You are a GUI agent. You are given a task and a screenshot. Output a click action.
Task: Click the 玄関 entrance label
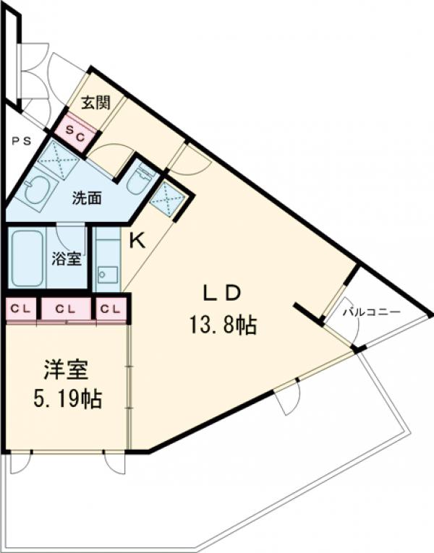(x=95, y=103)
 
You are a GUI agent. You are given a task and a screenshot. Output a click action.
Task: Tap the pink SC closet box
(x=75, y=132)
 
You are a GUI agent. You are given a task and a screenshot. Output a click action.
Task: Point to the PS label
(x=21, y=141)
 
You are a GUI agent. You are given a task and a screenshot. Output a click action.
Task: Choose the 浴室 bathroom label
(x=68, y=258)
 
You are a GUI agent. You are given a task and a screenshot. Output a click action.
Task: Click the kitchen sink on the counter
(x=108, y=274)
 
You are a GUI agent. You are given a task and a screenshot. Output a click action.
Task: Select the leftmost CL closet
(x=20, y=309)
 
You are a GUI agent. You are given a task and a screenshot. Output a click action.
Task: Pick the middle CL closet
(x=66, y=309)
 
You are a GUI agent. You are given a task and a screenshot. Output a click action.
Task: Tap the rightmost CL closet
(x=111, y=309)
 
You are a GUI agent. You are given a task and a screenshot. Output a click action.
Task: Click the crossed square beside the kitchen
(x=172, y=197)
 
